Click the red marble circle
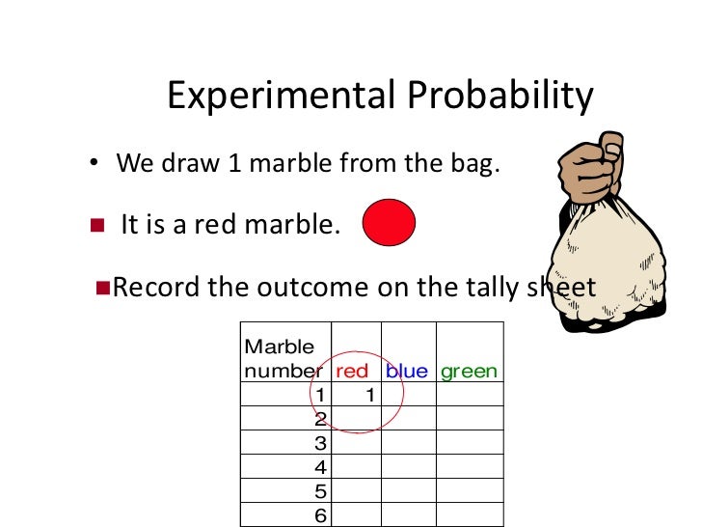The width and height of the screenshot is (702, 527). point(389,224)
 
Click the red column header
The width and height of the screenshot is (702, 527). point(352,371)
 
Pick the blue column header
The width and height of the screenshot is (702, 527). point(406,371)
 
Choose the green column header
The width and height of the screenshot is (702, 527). point(469,371)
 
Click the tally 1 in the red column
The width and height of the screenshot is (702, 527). point(368,395)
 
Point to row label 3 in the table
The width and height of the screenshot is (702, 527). point(322,443)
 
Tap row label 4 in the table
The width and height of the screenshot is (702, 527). point(322,467)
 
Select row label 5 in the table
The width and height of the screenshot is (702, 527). point(322,491)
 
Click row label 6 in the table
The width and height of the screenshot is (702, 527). point(322,514)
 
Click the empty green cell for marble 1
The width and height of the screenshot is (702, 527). point(470,395)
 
